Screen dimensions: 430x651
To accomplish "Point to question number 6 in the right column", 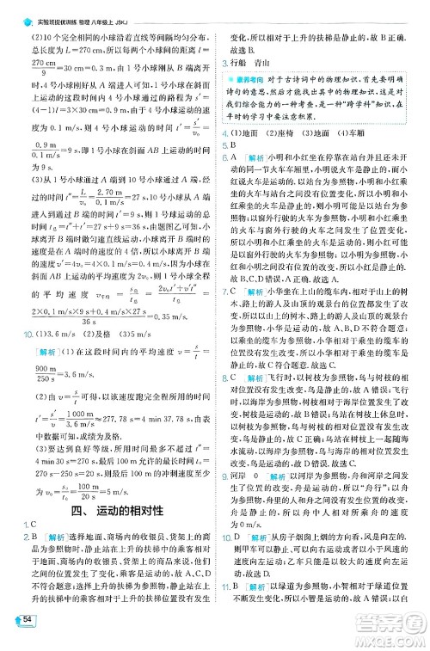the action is (x=224, y=158).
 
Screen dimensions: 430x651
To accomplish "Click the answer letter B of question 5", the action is (x=231, y=146).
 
